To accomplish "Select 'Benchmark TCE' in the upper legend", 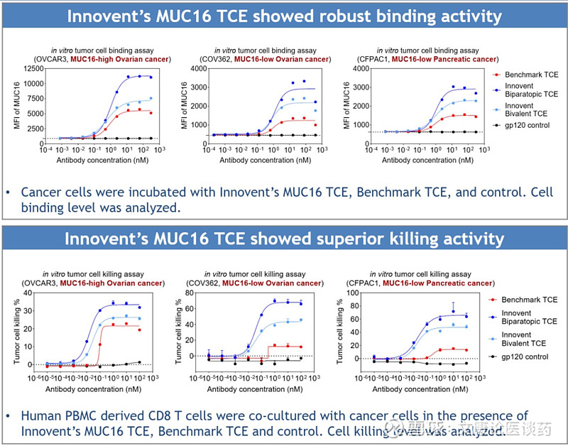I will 529,75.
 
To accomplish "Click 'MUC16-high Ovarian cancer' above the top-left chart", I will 113,59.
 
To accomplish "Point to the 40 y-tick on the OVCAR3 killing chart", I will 28,293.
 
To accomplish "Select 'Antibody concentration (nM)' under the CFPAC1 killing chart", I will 420,389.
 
